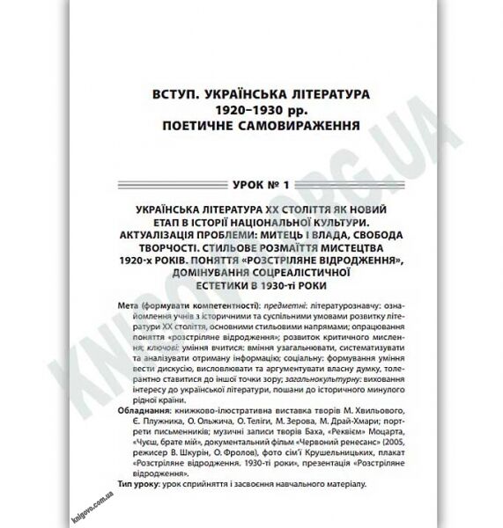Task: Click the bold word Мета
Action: click(x=129, y=303)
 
